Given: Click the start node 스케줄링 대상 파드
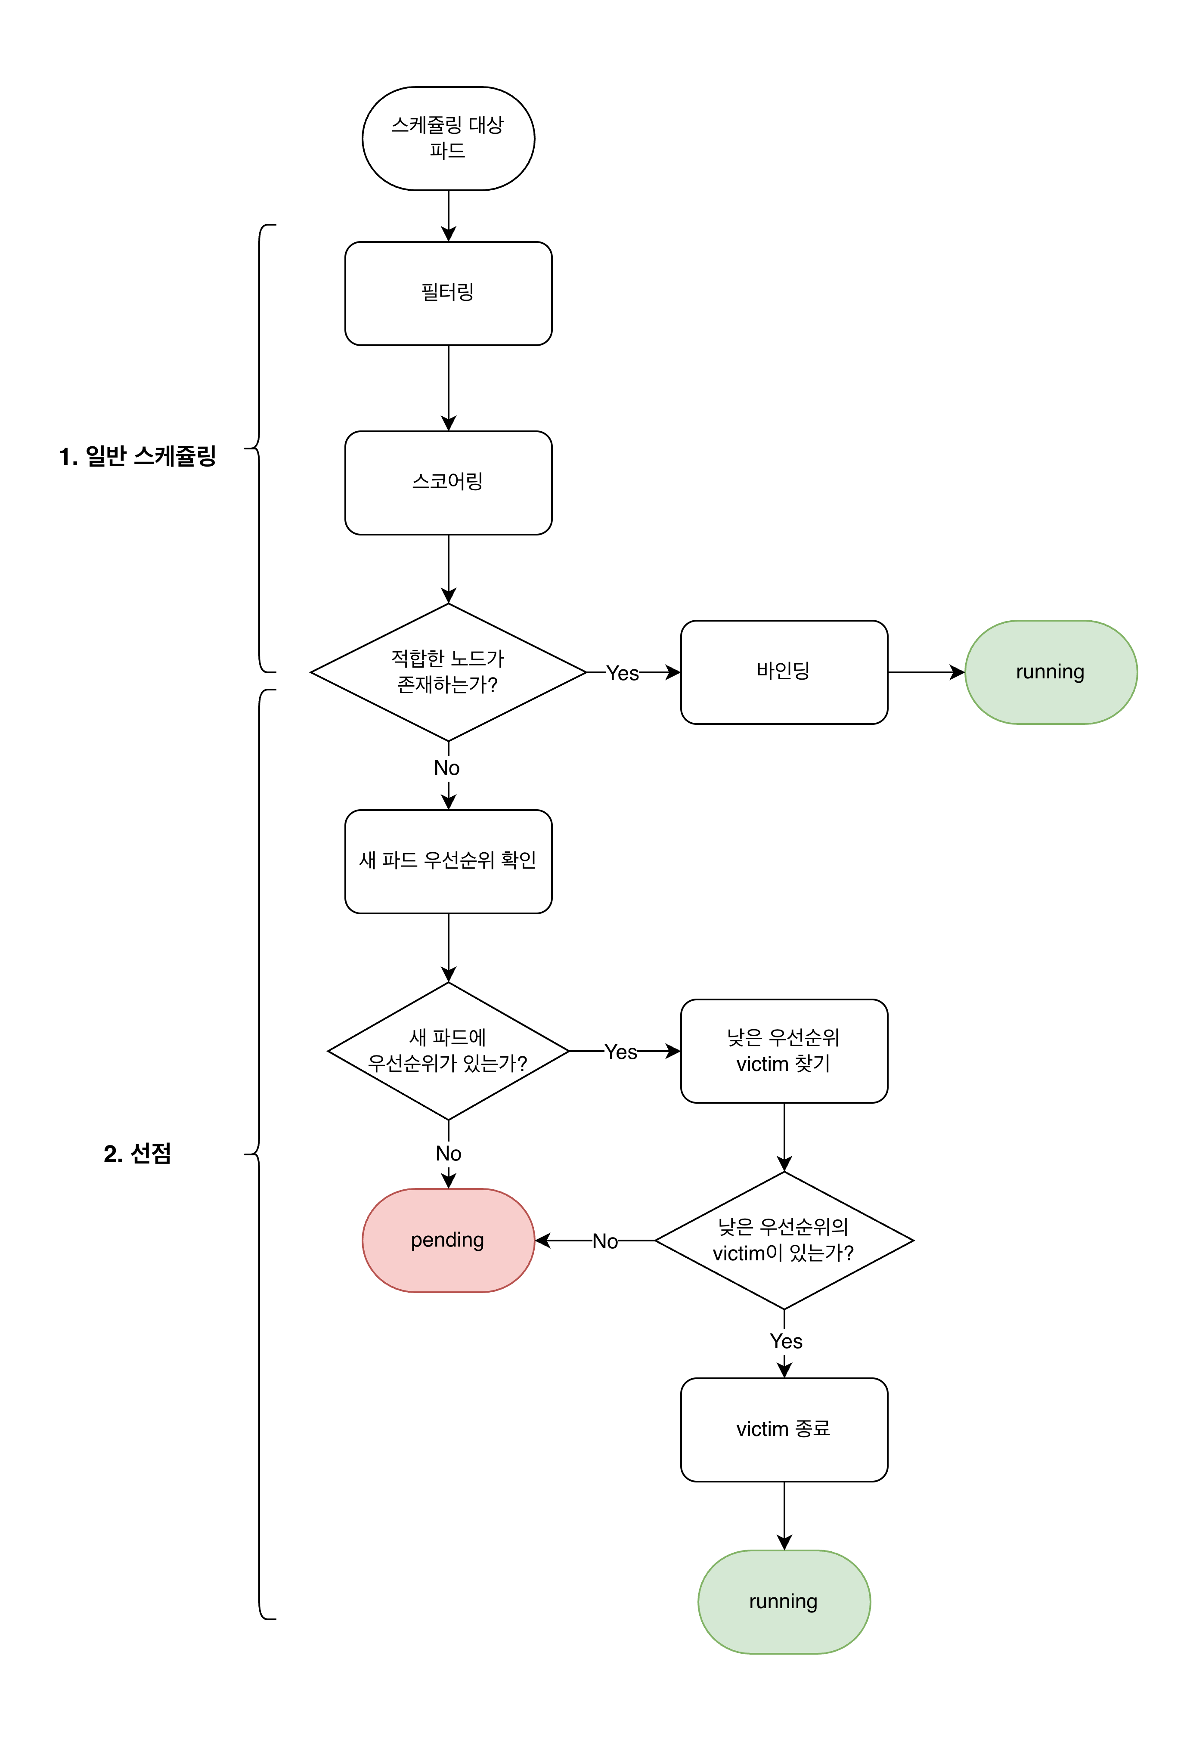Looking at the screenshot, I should [448, 139].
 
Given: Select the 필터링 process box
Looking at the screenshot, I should [448, 293].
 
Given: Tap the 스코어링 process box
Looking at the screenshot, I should [448, 483].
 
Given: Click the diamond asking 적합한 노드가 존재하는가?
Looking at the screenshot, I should [448, 672].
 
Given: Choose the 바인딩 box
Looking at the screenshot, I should [784, 672].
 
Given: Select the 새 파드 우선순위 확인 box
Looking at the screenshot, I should [448, 861].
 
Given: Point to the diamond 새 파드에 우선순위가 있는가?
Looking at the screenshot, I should [448, 1051].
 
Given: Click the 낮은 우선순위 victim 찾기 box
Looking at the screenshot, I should [784, 1051].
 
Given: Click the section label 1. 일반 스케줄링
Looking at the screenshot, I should [138, 456].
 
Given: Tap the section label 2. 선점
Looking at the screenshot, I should [138, 1153].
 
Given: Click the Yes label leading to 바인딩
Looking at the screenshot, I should [622, 673].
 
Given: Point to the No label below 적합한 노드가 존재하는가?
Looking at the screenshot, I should [447, 768].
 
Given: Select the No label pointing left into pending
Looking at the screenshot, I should [605, 1241].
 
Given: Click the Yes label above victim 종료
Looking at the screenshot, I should [785, 1341].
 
